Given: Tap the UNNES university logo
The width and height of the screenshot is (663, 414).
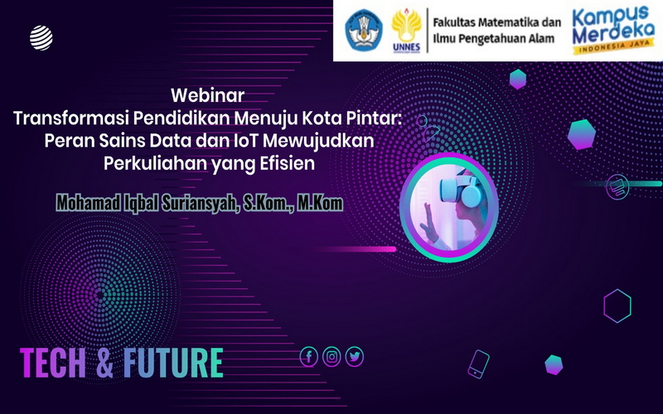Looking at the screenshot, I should (405, 31).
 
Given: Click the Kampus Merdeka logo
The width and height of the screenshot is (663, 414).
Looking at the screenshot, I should (613, 29).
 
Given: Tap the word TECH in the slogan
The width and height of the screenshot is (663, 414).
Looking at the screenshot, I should (54, 363).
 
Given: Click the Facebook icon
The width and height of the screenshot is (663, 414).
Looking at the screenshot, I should (308, 357).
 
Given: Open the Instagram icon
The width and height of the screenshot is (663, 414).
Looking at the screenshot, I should (331, 357).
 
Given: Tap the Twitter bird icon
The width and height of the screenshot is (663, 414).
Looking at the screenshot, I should (355, 357).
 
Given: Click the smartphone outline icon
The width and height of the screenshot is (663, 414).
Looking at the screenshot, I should (479, 363).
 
